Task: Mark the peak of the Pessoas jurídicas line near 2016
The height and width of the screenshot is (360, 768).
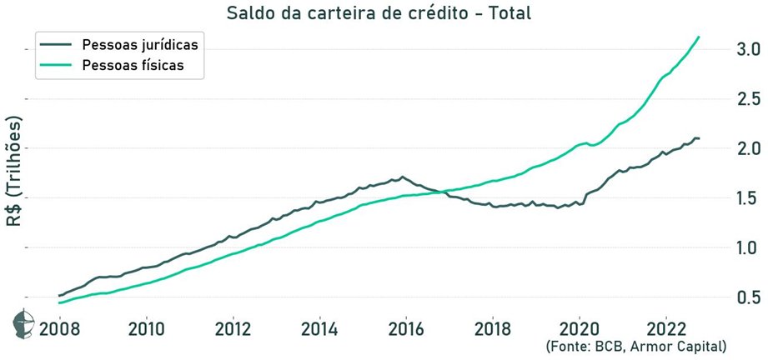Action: [403, 177]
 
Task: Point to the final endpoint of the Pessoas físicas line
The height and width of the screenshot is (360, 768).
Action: [699, 37]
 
